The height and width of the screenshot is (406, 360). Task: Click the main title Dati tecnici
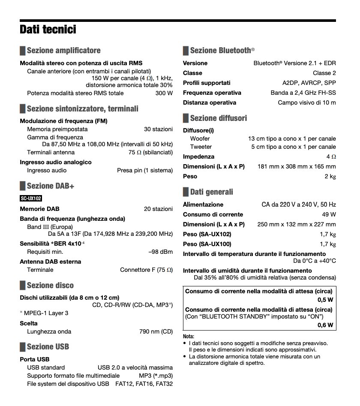pyautogui.click(x=48, y=30)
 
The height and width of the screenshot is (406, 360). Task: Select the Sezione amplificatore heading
pyautogui.click(x=63, y=51)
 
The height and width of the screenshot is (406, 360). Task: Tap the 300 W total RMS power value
pyautogui.click(x=164, y=93)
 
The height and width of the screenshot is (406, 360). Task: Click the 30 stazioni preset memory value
pyautogui.click(x=158, y=129)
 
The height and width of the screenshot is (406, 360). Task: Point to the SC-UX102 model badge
pyautogui.click(x=31, y=198)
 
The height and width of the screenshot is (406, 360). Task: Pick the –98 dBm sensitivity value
pyautogui.click(x=160, y=252)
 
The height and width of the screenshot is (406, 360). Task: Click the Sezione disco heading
pyautogui.click(x=50, y=286)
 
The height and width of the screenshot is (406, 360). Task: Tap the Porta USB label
pyautogui.click(x=35, y=359)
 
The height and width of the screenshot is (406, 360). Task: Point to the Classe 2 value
pyautogui.click(x=324, y=73)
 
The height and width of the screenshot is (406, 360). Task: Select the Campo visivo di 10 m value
pyautogui.click(x=307, y=102)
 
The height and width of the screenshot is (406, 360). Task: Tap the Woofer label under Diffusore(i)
pyautogui.click(x=200, y=138)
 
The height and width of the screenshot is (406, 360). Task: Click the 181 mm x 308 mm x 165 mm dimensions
pyautogui.click(x=297, y=166)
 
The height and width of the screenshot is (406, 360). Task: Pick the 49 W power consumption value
pyautogui.click(x=328, y=214)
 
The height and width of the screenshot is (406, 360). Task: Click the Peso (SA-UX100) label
pyautogui.click(x=207, y=244)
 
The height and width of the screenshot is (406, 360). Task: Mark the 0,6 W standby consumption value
pyautogui.click(x=325, y=325)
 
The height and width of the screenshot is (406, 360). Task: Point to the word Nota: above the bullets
pyautogui.click(x=189, y=337)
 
